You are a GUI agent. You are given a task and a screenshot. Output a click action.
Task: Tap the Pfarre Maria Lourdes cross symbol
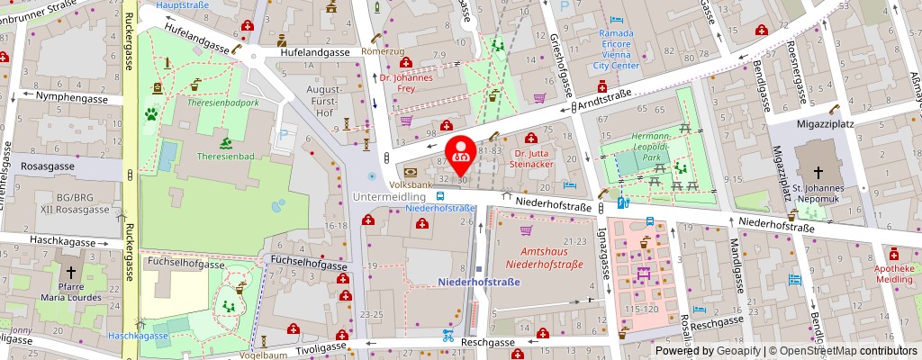[68, 271]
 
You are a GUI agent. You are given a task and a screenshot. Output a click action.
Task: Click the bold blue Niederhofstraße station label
[479, 282]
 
